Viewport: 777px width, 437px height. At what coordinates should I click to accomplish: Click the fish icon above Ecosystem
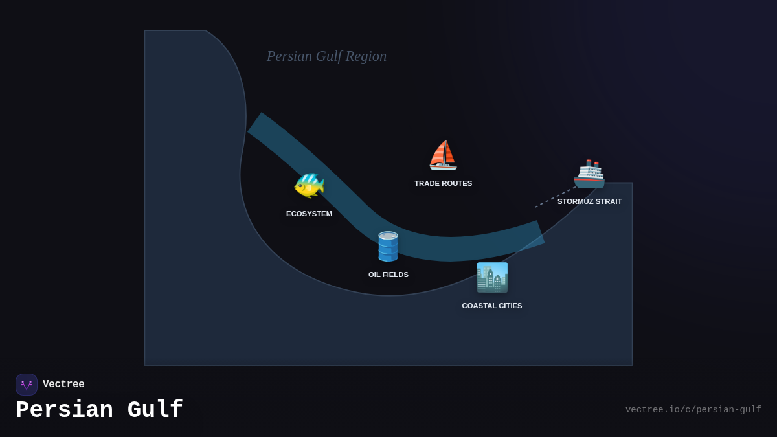(309, 185)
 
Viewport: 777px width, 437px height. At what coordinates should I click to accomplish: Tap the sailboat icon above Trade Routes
(443, 155)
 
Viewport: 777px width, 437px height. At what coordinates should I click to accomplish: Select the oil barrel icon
(388, 246)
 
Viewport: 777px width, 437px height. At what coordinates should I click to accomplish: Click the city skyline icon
(492, 278)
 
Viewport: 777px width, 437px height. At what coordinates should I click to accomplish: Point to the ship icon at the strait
(589, 174)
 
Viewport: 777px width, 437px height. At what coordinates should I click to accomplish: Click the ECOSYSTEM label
(309, 214)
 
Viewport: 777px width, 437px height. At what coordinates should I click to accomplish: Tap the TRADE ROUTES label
(443, 183)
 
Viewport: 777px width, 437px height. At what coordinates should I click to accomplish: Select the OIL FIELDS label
(388, 275)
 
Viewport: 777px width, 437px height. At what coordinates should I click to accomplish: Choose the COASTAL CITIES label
(492, 306)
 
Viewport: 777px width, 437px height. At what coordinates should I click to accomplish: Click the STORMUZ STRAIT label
(589, 201)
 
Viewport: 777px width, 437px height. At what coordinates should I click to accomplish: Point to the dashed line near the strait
(554, 197)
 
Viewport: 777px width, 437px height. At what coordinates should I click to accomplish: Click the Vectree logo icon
(27, 385)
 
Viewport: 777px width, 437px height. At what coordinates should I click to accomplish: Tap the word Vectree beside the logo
(63, 385)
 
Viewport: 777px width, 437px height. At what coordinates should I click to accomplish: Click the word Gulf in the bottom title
(155, 410)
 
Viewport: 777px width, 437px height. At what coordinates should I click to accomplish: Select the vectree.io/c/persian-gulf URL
(693, 410)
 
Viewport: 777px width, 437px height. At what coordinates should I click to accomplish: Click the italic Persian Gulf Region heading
(326, 56)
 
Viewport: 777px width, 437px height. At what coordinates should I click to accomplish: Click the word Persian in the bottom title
(64, 410)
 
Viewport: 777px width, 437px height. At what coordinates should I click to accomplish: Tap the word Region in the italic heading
(366, 56)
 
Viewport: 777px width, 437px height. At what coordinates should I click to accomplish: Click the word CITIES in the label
(509, 306)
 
